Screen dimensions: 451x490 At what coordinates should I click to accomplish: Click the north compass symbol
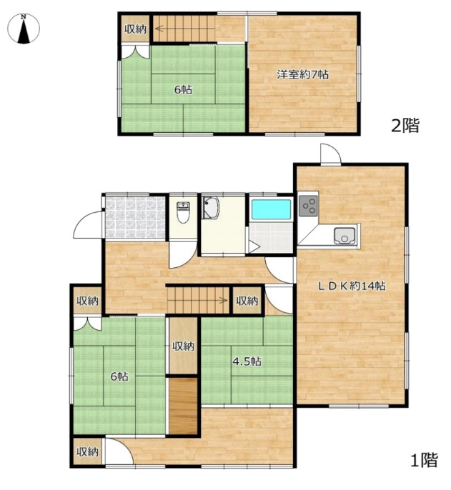[x=24, y=29]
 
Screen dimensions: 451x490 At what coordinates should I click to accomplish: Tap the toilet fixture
[x=183, y=213]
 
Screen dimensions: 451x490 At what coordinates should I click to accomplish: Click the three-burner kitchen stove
[x=308, y=206]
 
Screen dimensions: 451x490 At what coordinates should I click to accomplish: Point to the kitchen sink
[x=345, y=236]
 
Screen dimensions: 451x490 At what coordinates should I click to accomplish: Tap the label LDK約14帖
[x=352, y=286]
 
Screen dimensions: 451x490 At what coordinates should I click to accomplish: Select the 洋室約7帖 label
[x=302, y=75]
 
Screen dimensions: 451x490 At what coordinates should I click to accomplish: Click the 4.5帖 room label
[x=247, y=361]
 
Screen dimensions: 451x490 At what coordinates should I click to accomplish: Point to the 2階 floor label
[x=405, y=126]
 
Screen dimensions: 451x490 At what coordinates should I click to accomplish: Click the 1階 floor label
[x=424, y=460]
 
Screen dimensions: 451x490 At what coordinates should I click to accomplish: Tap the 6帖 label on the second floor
[x=183, y=90]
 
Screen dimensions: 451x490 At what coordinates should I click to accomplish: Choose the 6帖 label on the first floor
[x=119, y=376]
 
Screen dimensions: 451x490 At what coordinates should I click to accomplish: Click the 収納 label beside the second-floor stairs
[x=135, y=29]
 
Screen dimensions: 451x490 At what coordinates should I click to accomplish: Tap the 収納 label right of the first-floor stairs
[x=247, y=301]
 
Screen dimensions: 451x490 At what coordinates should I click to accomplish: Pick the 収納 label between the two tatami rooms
[x=184, y=346]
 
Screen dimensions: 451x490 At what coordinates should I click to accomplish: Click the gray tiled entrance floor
[x=135, y=217]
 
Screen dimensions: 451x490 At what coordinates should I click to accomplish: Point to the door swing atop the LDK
[x=331, y=154]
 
